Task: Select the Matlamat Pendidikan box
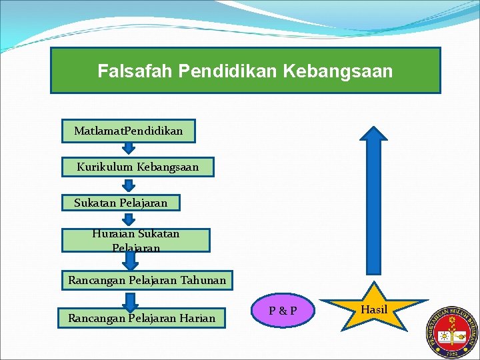point(129,131)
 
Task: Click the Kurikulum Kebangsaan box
point(138,167)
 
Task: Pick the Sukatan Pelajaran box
point(121,202)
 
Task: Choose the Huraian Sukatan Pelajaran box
point(136,240)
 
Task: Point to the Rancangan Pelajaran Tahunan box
point(147,281)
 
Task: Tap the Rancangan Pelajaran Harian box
point(142,318)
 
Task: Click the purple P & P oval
point(283,311)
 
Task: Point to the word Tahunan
point(203,281)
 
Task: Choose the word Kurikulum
point(105,167)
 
